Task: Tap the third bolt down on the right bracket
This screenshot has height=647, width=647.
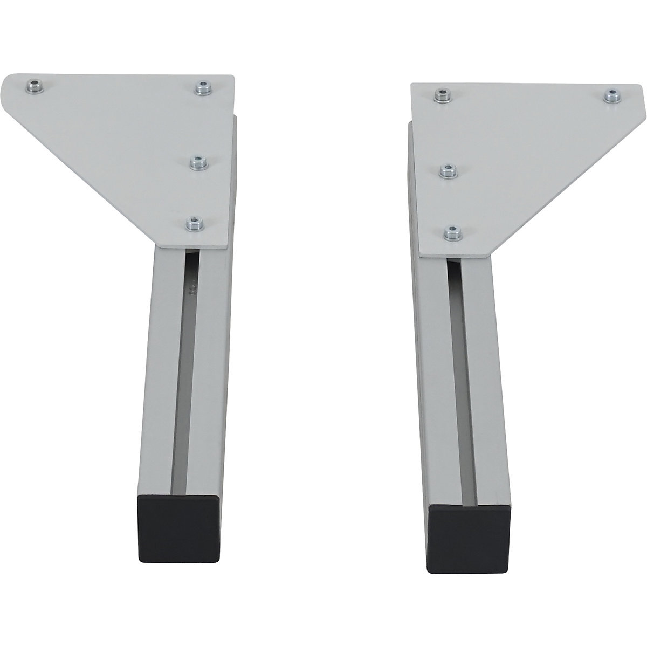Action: [446, 173]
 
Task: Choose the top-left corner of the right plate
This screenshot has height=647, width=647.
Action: [412, 85]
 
